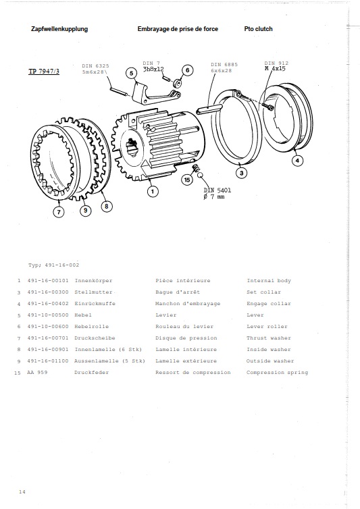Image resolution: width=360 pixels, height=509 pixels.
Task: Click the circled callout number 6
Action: [187, 70]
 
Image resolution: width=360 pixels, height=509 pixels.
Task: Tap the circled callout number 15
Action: [186, 180]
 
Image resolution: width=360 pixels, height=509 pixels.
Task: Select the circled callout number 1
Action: [153, 192]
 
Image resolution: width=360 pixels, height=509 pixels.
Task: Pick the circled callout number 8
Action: [106, 206]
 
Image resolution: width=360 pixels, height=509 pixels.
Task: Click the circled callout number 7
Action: [59, 212]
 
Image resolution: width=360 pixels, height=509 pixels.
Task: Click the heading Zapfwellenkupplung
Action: [59, 30]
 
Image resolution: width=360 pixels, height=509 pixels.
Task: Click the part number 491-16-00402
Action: [49, 304]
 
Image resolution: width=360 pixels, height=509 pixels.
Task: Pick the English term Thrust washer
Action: [269, 338]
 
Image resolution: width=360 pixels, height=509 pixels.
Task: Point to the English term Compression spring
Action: [277, 373]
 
